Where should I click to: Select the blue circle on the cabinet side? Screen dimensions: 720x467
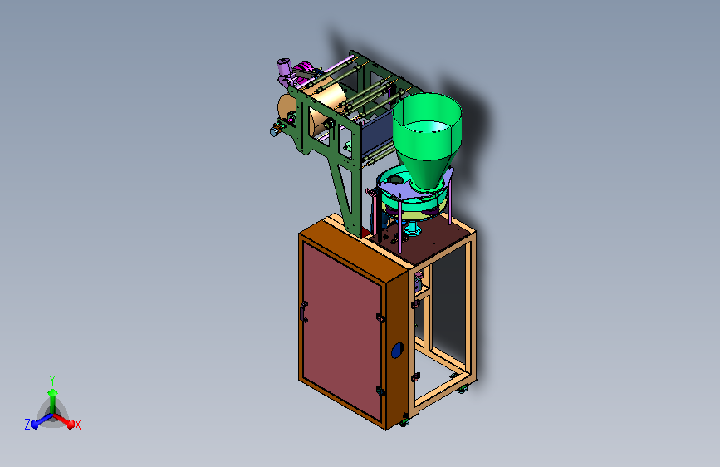[397, 351]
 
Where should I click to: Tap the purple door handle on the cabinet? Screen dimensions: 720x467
[303, 312]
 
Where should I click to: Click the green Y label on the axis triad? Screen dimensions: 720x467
[52, 381]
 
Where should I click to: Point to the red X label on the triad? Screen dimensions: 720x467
[77, 425]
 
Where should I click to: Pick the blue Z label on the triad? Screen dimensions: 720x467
[27, 425]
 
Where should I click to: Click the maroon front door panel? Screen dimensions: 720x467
[341, 330]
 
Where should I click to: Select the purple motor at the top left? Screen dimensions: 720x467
[284, 71]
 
